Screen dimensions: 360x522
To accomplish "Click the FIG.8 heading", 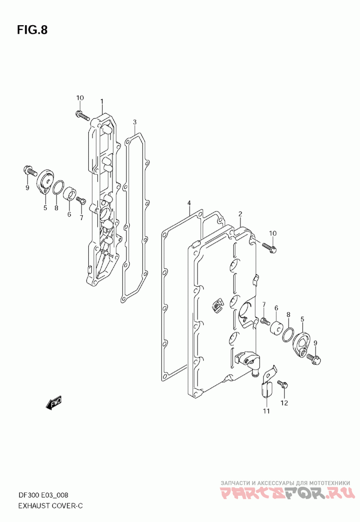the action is coord(32,30).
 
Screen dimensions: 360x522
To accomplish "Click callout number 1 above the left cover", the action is coord(102,101).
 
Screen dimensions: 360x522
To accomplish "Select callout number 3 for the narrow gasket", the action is coord(135,122).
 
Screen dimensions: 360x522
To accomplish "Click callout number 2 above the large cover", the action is coord(240,214).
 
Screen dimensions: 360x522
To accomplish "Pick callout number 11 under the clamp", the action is coord(266,411).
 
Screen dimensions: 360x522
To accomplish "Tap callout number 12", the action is coord(284,403).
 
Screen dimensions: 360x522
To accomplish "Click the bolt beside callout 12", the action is coord(283,385).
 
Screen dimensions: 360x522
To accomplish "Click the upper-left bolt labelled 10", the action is coord(82,115).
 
